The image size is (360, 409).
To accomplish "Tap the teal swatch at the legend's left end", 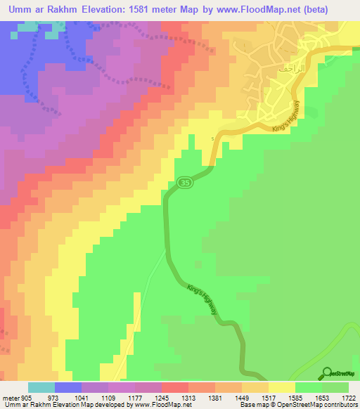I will [x=41, y=387].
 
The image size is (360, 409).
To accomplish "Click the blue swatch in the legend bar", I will [x=68, y=387].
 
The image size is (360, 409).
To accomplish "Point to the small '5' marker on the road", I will [x=211, y=138].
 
